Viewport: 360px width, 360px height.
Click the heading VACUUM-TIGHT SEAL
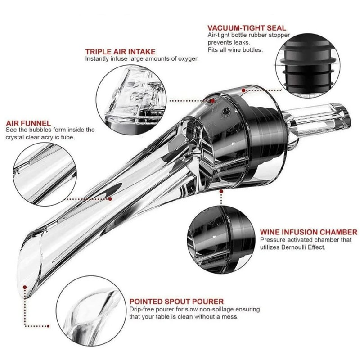point(247,28)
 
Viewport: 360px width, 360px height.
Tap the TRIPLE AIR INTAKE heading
point(120,51)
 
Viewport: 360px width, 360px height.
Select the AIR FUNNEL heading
point(28,123)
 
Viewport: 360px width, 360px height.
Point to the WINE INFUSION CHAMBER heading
point(309,232)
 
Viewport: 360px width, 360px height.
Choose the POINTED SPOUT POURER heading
point(176,301)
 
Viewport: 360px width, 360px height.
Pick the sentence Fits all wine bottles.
point(235,50)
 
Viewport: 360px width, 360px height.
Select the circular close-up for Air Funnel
point(45,174)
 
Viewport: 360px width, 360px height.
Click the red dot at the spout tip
point(25,287)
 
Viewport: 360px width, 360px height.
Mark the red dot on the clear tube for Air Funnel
point(110,199)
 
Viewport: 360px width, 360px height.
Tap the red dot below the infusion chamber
point(221,191)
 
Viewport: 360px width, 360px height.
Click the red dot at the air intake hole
point(213,100)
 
